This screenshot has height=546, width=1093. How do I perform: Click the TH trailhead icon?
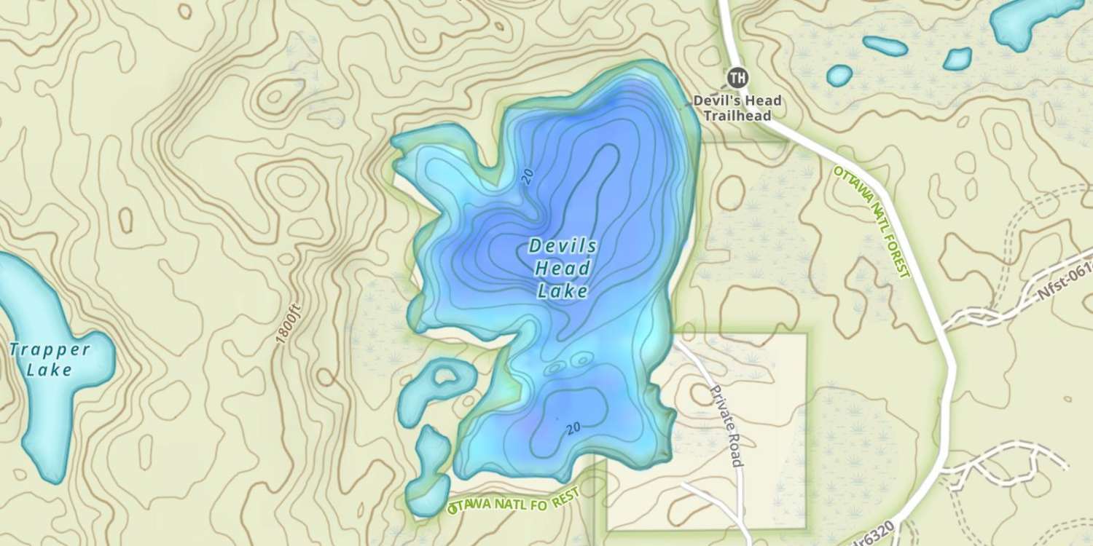pos(737,76)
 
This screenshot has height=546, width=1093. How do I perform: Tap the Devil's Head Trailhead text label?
pos(737,108)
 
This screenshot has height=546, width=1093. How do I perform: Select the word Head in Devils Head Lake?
pos(563,269)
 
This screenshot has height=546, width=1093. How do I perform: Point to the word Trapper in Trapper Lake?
pos(50,349)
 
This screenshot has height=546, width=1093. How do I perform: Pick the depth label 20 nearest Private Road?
pos(573,428)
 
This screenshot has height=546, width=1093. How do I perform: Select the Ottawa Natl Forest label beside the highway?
pos(872,221)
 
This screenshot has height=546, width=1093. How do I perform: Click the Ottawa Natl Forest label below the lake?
pos(514,501)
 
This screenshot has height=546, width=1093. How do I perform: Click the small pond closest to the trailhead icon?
pos(839,74)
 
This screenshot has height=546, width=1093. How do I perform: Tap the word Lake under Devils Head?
pos(563,292)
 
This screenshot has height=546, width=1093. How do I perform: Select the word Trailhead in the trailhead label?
pos(737,116)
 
